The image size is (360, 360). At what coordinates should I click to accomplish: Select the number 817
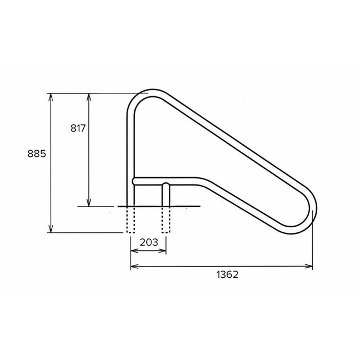[x=78, y=128]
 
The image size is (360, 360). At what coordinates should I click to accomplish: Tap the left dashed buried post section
[x=130, y=220]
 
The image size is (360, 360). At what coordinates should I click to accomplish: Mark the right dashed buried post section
[x=166, y=220]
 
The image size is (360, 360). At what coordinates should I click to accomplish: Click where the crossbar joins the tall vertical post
[x=134, y=181]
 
